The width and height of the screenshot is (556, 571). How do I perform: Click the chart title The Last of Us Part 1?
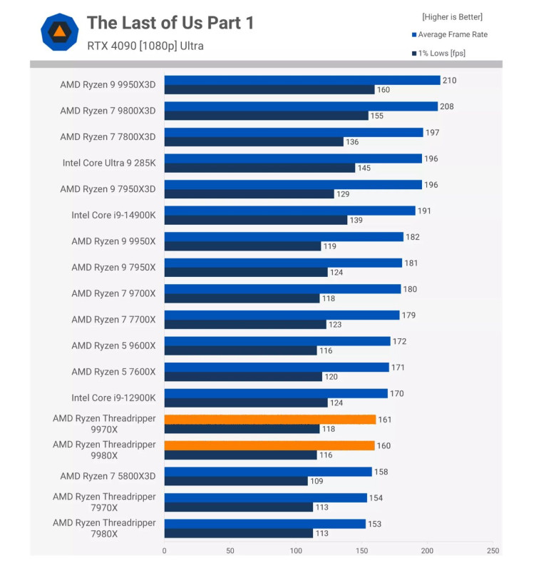(x=170, y=23)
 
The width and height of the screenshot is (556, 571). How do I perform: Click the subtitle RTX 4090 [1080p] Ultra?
(x=145, y=46)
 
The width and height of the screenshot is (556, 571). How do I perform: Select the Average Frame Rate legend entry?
(x=453, y=34)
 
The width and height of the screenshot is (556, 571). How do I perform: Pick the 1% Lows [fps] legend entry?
(x=442, y=53)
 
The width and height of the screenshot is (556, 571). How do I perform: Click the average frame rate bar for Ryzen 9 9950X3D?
(x=302, y=80)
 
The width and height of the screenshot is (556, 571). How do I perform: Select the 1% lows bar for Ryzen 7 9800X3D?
(x=266, y=116)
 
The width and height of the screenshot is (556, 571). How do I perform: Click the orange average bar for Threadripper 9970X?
(x=269, y=419)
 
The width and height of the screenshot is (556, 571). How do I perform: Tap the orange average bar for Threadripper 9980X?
(x=269, y=445)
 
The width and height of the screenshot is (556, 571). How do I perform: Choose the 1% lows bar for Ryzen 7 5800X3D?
(x=236, y=481)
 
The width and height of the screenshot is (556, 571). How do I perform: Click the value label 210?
(x=449, y=80)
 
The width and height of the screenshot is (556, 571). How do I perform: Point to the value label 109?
(x=316, y=481)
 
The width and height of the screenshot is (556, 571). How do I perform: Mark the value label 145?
(x=364, y=168)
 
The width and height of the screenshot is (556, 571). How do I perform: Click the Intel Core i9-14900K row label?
(x=113, y=215)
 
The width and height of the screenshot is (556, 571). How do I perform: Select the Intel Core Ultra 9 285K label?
(x=108, y=163)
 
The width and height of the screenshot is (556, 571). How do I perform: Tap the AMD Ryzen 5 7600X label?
(x=113, y=371)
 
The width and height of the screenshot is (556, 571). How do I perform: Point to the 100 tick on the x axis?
(x=296, y=551)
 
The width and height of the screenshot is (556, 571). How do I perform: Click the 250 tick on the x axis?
(x=493, y=551)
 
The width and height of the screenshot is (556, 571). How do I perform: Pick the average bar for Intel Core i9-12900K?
(x=276, y=393)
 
